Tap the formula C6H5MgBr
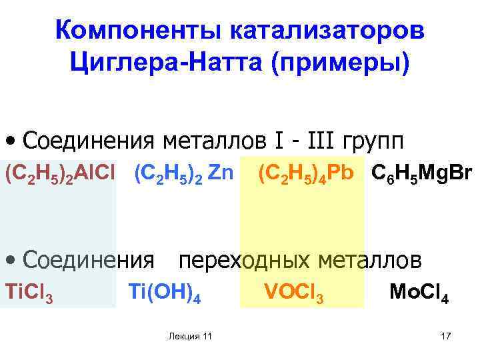[422, 175]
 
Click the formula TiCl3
[29, 293]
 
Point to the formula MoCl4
[419, 293]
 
